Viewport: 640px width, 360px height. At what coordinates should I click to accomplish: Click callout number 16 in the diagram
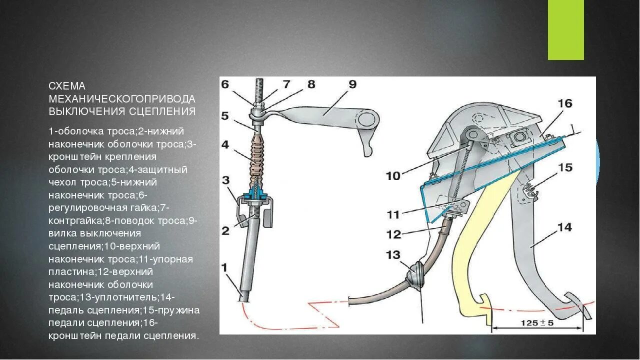(x=565, y=103)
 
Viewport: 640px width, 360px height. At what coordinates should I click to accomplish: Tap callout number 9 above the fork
(x=352, y=84)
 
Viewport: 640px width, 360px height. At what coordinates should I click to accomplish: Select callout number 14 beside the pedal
(x=564, y=227)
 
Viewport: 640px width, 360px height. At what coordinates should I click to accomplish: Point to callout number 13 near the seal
(x=393, y=255)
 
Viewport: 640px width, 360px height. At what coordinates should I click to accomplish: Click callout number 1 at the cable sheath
(x=225, y=267)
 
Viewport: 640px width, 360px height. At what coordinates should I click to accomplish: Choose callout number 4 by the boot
(x=225, y=144)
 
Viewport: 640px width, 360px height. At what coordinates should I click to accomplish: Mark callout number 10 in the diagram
(x=393, y=175)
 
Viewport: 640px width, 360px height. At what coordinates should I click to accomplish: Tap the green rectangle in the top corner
(x=566, y=30)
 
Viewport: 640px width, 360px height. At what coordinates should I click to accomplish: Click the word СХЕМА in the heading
(x=67, y=86)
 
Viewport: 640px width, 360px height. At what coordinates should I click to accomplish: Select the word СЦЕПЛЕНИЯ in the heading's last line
(x=164, y=111)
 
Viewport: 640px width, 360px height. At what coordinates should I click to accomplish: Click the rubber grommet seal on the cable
(x=416, y=274)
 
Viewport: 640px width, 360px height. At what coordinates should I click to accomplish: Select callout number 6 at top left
(x=225, y=84)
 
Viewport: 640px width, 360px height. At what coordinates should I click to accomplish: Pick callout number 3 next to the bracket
(x=226, y=179)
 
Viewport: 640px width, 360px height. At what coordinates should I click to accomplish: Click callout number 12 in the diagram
(x=394, y=233)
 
